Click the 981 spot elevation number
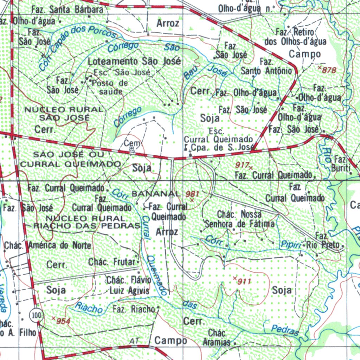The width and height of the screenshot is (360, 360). pyautogui.click(x=193, y=194)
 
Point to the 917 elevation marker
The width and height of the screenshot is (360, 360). pyautogui.click(x=243, y=165)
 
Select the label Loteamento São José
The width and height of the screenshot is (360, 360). pyautogui.click(x=134, y=61)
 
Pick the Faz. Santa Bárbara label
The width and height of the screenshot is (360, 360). pyautogui.click(x=67, y=9)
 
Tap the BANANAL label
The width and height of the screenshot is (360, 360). pyautogui.click(x=155, y=194)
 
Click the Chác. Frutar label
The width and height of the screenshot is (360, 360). pyautogui.click(x=112, y=262)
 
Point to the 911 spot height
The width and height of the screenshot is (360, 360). pyautogui.click(x=244, y=281)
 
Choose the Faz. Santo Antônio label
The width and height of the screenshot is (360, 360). pyautogui.click(x=266, y=66)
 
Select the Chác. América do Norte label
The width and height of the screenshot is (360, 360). pyautogui.click(x=48, y=245)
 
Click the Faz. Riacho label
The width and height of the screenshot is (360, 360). pyautogui.click(x=134, y=309)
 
